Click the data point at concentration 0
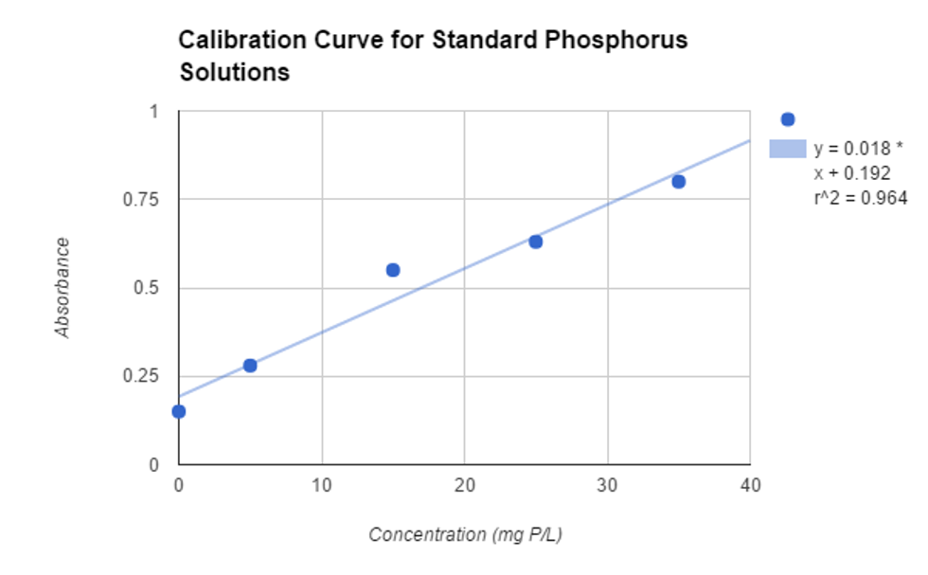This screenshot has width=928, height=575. coord(179,411)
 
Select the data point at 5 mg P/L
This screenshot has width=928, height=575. coord(250,366)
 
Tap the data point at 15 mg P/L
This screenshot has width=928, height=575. coord(393,270)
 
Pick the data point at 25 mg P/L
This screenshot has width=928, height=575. coord(535,242)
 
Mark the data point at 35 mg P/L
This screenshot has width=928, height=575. coord(678,182)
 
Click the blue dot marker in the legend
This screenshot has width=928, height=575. coord(787,119)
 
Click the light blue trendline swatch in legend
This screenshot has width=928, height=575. coord(787,149)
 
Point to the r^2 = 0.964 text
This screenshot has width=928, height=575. coord(860,198)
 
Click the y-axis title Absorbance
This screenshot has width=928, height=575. coord(63,288)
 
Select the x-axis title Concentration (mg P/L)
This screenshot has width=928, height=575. coord(465,535)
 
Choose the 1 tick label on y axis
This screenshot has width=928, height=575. coord(154,112)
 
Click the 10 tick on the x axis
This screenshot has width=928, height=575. coord(322,484)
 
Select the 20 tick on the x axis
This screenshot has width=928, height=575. coord(464,484)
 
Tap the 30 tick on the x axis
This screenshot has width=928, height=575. coord(607,484)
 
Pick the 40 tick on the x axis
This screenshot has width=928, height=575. coord(749,484)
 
